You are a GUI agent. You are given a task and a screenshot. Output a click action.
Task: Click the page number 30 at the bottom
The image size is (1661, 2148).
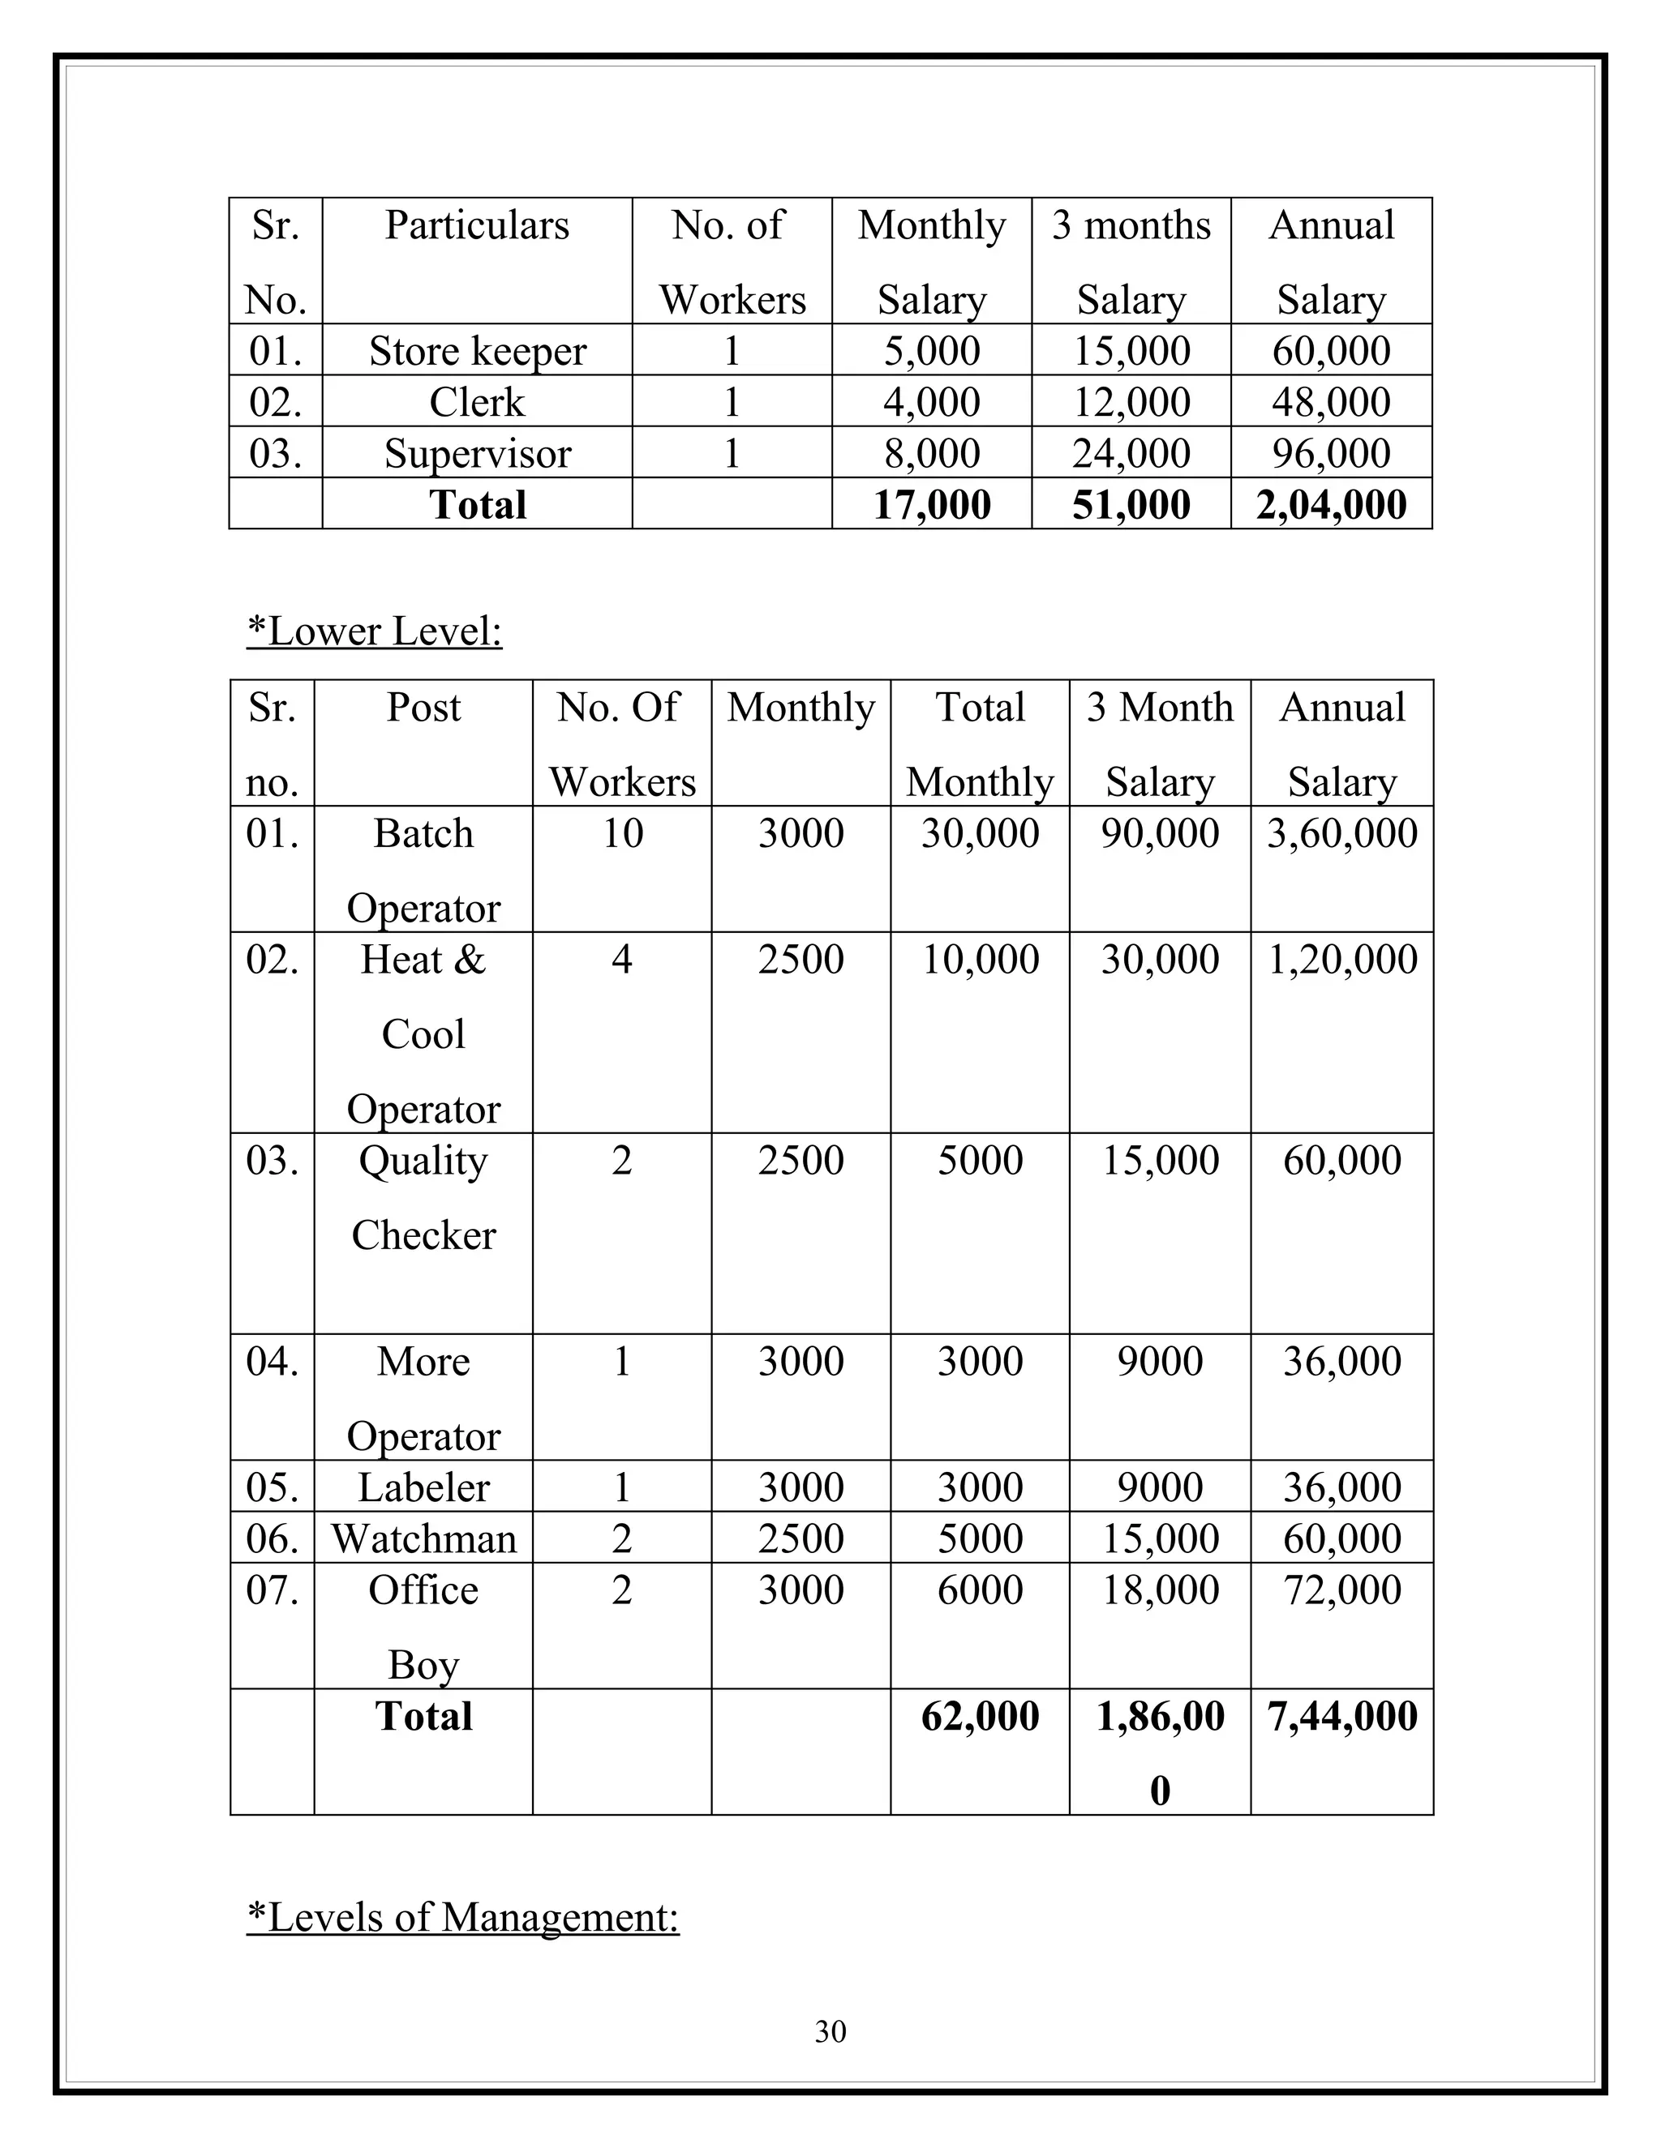830,2031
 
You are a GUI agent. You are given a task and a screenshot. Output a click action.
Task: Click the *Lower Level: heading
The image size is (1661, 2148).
374,631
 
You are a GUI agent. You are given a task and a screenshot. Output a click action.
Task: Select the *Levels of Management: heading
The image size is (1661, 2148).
462,1917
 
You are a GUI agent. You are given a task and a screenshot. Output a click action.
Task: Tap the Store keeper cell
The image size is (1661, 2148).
477,351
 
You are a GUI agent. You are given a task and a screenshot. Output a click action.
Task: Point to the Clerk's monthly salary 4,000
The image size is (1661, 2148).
931,402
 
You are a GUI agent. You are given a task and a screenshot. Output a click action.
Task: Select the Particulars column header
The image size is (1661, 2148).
476,225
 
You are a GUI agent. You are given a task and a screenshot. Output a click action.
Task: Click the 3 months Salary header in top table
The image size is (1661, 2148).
1131,261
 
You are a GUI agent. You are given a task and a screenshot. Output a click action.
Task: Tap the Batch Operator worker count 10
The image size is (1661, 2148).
622,833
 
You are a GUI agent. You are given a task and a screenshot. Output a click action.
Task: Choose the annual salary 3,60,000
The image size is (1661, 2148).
1341,833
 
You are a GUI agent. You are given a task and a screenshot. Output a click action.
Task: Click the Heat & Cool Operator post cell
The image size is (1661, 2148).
423,1033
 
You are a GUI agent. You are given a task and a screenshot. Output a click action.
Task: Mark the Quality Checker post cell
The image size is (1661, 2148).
423,1197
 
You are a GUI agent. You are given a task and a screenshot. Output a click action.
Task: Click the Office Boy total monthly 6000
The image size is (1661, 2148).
979,1590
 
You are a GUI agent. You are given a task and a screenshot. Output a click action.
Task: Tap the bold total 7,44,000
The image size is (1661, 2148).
1341,1716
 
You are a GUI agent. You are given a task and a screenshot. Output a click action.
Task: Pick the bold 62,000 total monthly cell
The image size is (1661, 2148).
979,1716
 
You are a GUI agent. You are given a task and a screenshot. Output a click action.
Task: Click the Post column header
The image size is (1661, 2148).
423,707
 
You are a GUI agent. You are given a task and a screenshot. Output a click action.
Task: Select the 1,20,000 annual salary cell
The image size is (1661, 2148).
1341,959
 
